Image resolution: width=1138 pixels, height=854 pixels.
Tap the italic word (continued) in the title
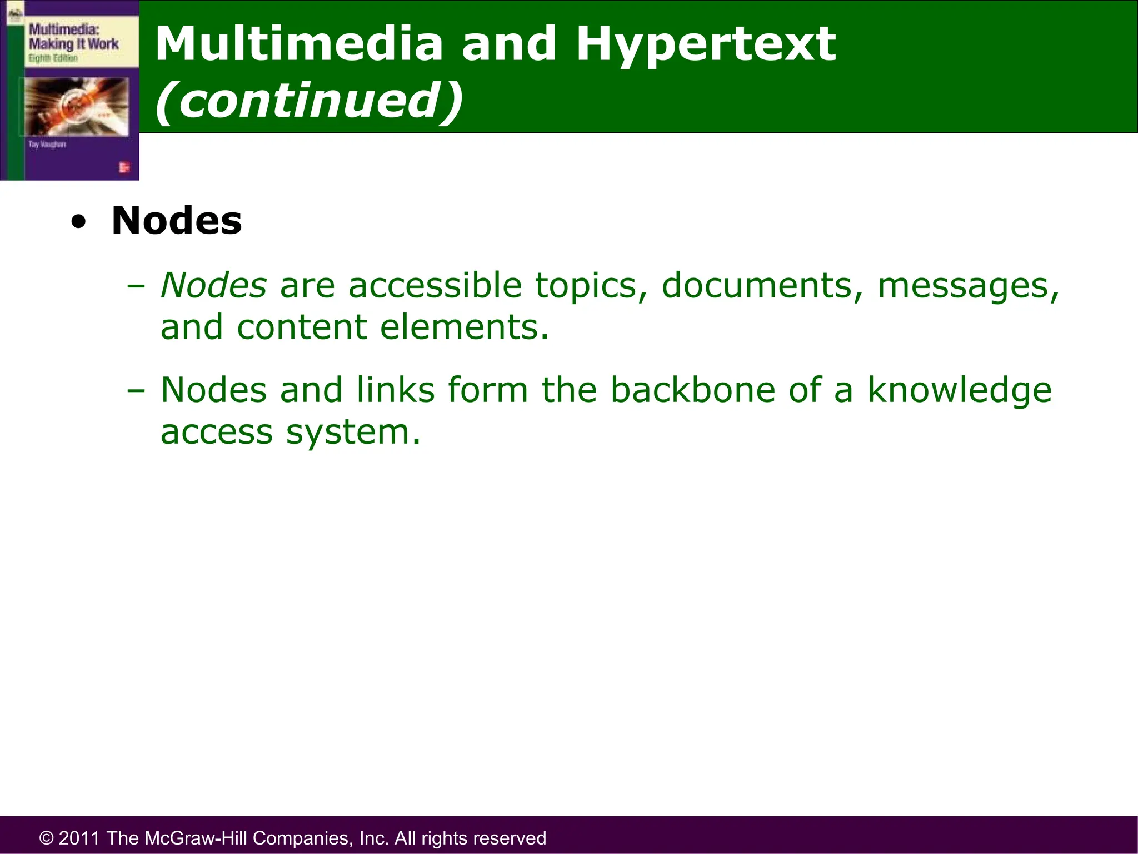[309, 101]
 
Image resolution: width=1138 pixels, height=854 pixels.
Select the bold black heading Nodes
[177, 221]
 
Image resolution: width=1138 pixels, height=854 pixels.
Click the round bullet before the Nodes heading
[79, 222]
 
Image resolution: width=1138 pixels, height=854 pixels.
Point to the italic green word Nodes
[213, 285]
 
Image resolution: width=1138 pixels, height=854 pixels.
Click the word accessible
[435, 285]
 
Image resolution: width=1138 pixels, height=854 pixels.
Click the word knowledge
[960, 390]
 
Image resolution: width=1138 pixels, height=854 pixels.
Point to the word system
[353, 432]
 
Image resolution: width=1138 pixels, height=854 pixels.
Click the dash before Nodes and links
[136, 390]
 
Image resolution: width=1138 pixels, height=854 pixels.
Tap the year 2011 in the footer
[79, 838]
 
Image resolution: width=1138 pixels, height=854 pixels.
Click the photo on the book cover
[77, 106]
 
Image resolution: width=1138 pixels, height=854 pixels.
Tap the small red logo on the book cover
[123, 167]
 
